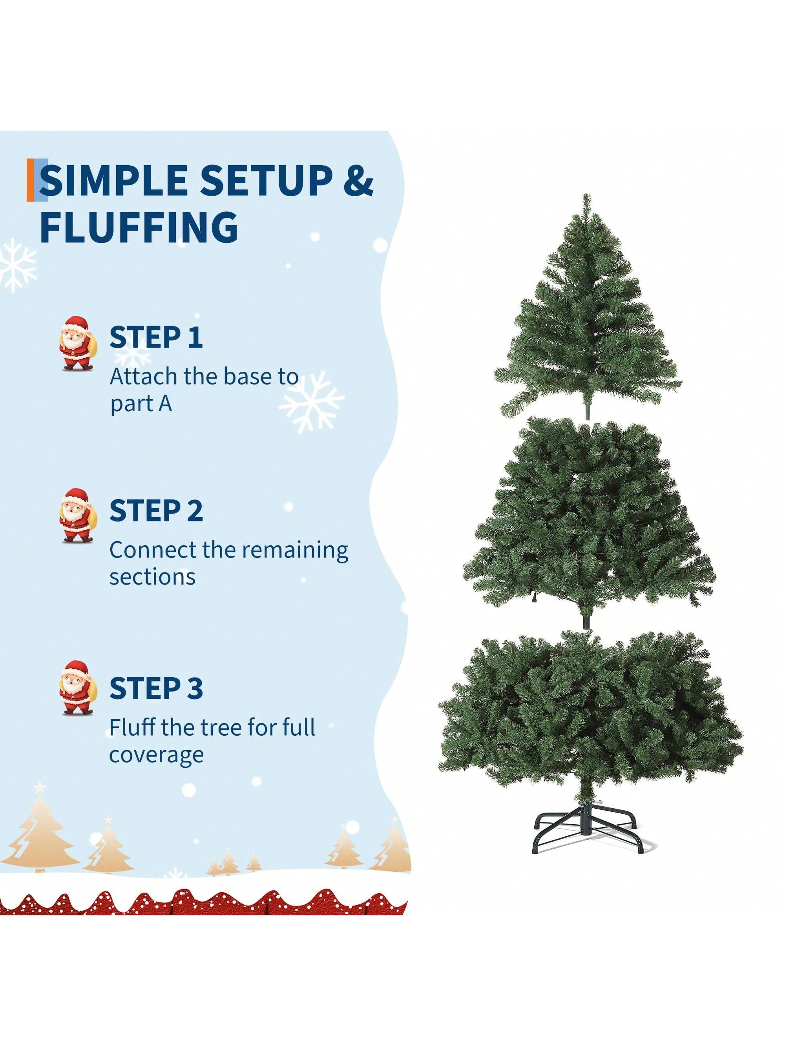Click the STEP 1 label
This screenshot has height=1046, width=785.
pos(156,337)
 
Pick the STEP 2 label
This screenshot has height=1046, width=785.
pos(156,511)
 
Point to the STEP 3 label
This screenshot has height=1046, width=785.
pos(156,688)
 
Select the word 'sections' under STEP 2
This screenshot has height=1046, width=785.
pos(152,578)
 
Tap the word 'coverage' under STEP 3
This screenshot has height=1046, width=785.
pos(157,755)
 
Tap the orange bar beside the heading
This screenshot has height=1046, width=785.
pos(31,180)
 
